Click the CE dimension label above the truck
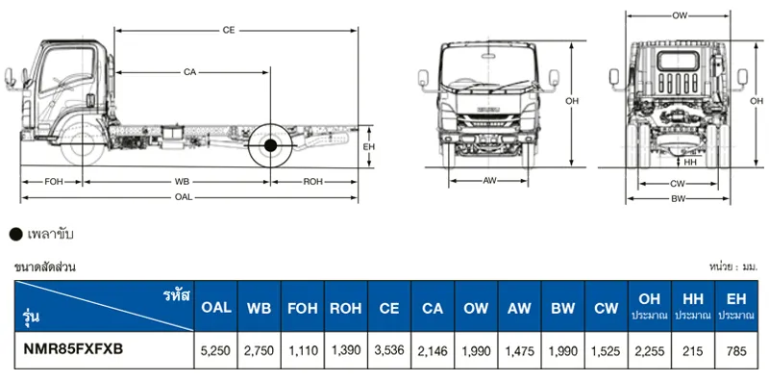[229, 31]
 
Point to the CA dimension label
[189, 73]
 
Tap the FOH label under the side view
[54, 182]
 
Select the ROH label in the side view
[313, 182]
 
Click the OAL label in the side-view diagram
[184, 197]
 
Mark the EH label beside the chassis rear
[368, 146]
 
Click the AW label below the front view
[489, 181]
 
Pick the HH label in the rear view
[690, 162]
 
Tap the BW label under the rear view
[679, 198]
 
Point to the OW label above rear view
[680, 15]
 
